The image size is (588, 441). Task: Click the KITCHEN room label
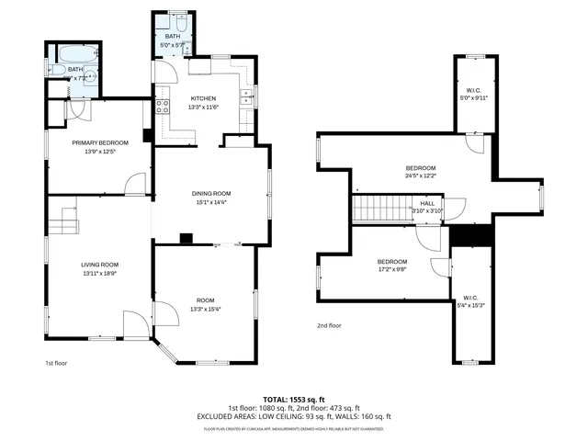[203, 98]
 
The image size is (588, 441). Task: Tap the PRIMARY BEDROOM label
[100, 142]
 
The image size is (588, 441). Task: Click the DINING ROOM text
[210, 193]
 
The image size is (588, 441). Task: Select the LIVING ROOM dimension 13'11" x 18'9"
[100, 273]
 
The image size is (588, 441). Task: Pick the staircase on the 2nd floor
[375, 209]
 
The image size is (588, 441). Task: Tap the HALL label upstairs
[427, 203]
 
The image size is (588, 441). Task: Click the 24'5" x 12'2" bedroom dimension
[421, 175]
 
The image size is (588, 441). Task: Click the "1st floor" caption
[57, 363]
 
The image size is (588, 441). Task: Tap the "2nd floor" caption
[329, 325]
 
